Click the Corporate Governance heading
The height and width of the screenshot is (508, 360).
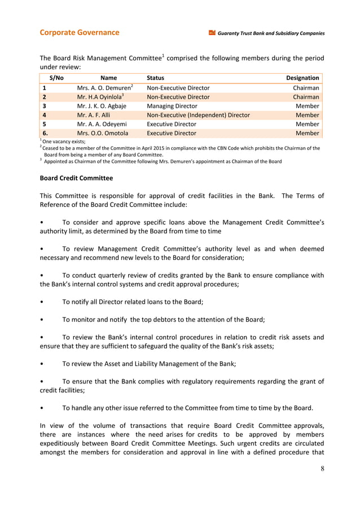(x=79, y=33)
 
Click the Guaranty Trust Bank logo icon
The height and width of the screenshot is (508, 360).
(x=212, y=33)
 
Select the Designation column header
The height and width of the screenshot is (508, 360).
(x=302, y=78)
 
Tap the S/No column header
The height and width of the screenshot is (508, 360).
(x=57, y=78)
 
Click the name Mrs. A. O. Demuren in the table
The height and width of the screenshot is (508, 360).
(x=104, y=87)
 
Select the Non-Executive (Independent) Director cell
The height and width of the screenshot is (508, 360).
(x=198, y=114)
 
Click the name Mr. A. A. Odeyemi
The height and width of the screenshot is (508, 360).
(x=102, y=123)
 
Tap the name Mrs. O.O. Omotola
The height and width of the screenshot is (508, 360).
(x=103, y=133)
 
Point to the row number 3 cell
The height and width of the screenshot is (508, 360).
(x=44, y=105)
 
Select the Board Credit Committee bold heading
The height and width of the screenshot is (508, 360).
(x=76, y=178)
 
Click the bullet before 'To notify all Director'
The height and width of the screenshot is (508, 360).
(x=43, y=302)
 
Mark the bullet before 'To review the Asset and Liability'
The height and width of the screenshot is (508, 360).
(x=43, y=363)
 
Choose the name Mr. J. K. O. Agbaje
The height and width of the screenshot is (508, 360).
(x=102, y=105)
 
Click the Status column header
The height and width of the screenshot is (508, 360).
(x=155, y=78)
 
